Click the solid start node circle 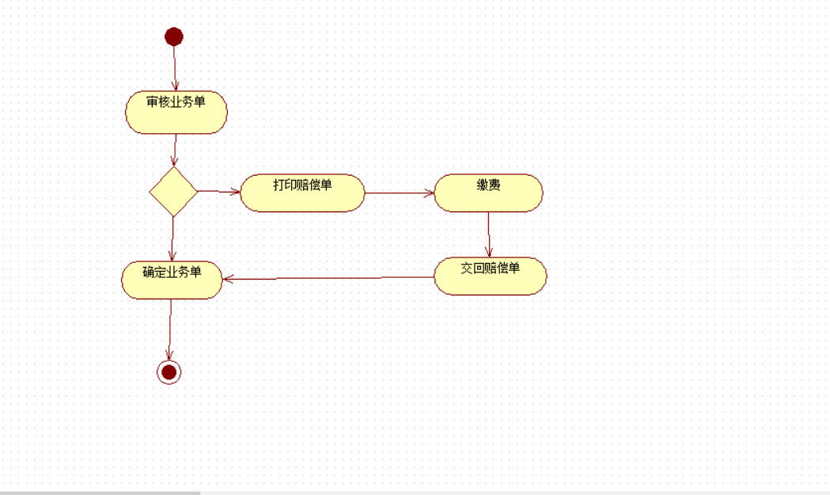(174, 36)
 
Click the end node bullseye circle (169, 371)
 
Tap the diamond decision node (173, 191)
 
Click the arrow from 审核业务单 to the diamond (175, 150)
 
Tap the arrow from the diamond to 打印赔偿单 (218, 191)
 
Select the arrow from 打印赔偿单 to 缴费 (400, 192)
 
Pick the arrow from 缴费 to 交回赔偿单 (489, 234)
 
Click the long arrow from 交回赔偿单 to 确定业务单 (328, 278)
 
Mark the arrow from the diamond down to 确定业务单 (172, 238)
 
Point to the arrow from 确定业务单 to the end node (170, 329)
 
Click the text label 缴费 (488, 185)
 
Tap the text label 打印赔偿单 (302, 185)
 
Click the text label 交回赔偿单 (491, 268)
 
